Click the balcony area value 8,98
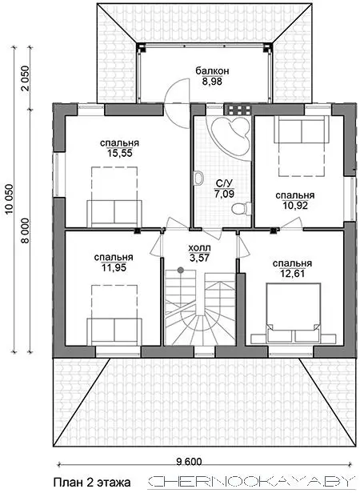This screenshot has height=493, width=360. (x=212, y=82)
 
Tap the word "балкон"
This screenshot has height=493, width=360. (x=212, y=71)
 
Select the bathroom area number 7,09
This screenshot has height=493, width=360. (x=224, y=194)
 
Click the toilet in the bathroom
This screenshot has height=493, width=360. (x=242, y=208)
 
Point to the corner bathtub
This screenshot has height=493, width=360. (x=232, y=136)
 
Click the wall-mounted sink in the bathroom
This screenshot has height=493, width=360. (x=198, y=178)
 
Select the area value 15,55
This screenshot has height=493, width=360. (x=119, y=153)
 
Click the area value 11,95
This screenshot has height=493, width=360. (x=114, y=267)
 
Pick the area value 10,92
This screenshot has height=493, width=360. (x=295, y=206)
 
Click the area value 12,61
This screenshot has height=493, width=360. (x=293, y=274)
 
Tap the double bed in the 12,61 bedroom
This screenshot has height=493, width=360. (x=294, y=312)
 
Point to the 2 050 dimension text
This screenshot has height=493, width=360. (x=25, y=78)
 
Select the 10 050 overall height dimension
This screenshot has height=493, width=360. (x=10, y=199)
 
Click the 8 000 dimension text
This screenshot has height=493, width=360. (x=25, y=230)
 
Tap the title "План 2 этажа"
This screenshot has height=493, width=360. (x=92, y=482)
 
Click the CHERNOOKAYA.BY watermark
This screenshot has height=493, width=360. (x=250, y=482)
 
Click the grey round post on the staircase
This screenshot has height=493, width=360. (x=181, y=270)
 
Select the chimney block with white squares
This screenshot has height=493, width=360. (x=239, y=110)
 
